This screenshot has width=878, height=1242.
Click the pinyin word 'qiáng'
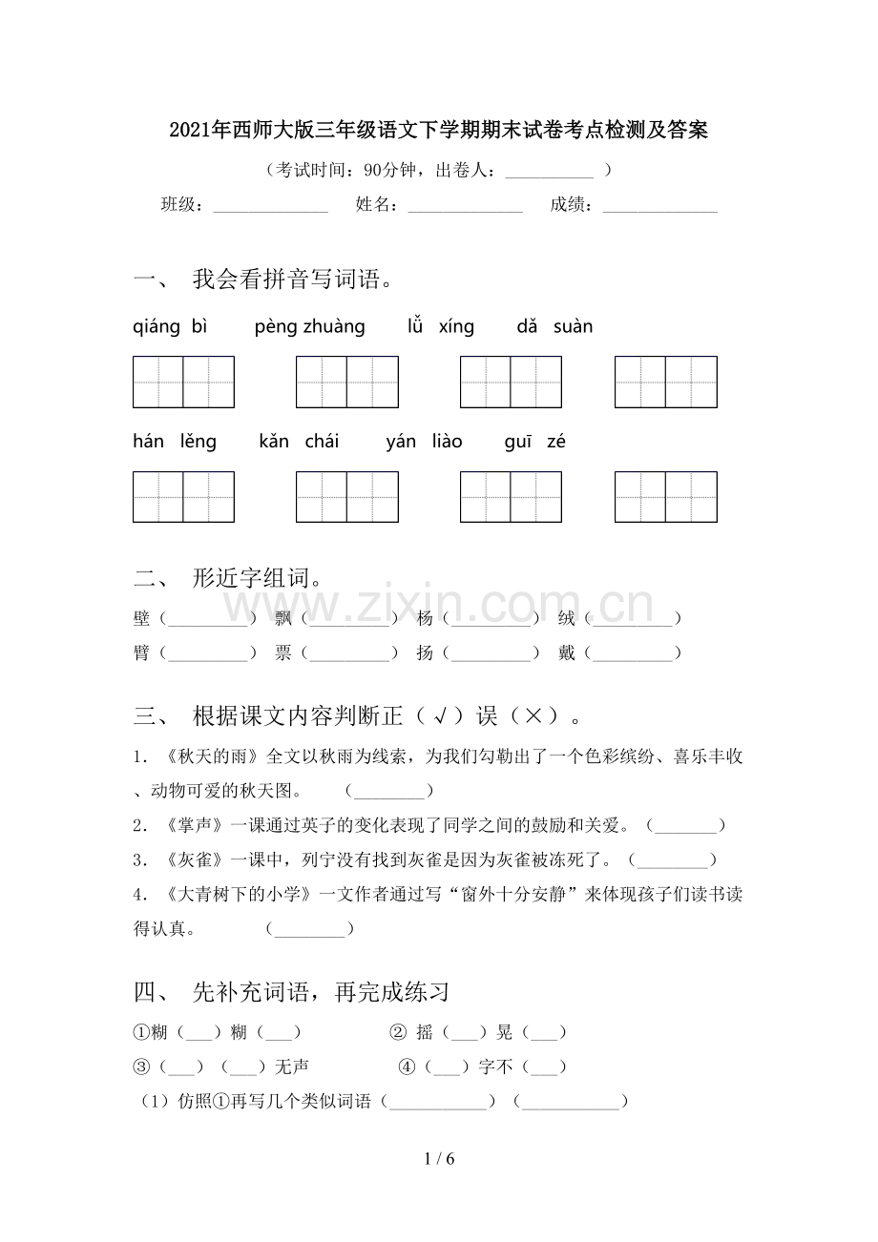[157, 327]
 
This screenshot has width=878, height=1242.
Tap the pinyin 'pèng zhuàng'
[310, 327]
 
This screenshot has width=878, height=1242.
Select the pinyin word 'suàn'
[573, 327]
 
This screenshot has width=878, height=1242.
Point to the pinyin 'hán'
[149, 442]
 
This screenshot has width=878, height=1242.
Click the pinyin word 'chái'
[322, 442]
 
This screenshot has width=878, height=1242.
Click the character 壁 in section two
[142, 619]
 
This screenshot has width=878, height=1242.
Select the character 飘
[282, 619]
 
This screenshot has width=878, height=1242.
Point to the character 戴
[567, 653]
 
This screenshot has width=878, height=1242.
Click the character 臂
[142, 653]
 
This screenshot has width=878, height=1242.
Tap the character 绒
[567, 619]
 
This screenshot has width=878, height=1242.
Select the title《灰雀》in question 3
[195, 860]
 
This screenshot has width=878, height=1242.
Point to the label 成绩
[571, 204]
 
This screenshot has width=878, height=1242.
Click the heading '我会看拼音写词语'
[292, 279]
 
